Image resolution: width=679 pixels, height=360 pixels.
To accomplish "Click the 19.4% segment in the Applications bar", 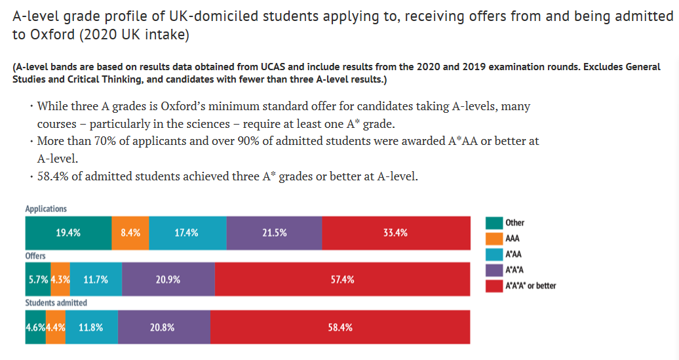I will click(68, 232).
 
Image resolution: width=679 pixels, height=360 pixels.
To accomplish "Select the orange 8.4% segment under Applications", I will click(130, 232).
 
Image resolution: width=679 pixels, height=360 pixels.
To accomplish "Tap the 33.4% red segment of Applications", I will click(396, 232).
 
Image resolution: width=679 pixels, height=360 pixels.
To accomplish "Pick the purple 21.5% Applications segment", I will click(274, 232).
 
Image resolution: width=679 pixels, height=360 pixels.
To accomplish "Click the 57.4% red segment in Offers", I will click(342, 279).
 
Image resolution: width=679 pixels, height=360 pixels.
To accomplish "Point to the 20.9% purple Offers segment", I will click(168, 279).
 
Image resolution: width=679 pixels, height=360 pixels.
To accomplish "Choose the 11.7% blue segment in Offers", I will click(96, 279).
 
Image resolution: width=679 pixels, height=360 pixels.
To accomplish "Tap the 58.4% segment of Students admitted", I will click(340, 327).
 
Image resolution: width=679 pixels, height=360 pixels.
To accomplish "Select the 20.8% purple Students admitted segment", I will click(164, 327).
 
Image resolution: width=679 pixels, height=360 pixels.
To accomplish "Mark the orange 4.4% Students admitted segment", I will click(56, 327).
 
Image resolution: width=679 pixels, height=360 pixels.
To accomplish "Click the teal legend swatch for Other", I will click(494, 223).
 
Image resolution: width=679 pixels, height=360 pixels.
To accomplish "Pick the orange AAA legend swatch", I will click(494, 239).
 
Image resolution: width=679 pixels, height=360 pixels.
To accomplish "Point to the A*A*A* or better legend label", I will click(530, 286).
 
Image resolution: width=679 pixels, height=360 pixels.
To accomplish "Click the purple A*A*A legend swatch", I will click(494, 270).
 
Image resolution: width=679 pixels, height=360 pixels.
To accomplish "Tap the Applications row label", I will click(46, 209).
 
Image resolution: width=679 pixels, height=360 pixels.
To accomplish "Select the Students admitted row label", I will click(56, 303).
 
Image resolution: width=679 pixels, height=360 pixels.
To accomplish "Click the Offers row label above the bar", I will click(35, 256).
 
